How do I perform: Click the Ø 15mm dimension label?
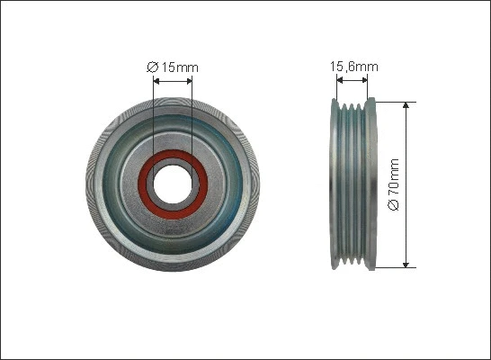(x=173, y=66)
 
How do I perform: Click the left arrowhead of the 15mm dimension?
(x=157, y=80)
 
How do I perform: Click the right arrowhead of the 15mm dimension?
(x=189, y=80)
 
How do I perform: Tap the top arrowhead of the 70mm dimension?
(x=406, y=105)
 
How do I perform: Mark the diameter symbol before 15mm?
(x=152, y=66)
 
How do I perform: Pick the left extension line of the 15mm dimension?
(x=154, y=117)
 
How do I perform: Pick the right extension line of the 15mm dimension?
(x=192, y=117)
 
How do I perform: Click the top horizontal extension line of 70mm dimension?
(x=391, y=101)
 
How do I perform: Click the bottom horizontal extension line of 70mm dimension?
(x=391, y=267)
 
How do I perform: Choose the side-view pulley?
(x=352, y=184)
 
